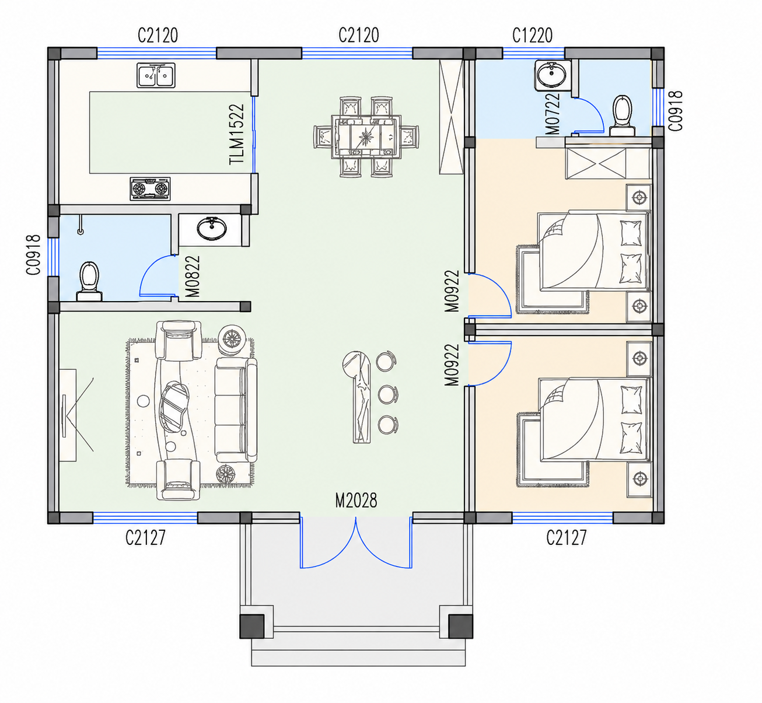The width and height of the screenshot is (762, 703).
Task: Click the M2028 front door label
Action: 356,501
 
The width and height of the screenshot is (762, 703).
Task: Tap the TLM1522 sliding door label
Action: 237,135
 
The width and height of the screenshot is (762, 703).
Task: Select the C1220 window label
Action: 532,36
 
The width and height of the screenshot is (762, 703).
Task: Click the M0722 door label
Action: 553,114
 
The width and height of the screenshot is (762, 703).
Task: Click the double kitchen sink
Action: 156,75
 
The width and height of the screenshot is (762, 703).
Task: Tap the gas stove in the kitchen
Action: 150,188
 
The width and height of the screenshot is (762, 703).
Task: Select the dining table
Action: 366,137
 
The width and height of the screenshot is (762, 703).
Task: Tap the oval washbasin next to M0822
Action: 211,229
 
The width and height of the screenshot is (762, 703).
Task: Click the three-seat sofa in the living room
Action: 236,410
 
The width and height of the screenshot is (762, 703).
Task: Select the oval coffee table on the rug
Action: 174,407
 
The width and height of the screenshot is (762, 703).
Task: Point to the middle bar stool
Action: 387,394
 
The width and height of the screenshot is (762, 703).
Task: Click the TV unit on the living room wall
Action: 68,415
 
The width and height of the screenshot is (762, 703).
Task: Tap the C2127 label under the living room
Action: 145,538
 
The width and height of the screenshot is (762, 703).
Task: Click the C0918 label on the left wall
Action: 33,255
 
